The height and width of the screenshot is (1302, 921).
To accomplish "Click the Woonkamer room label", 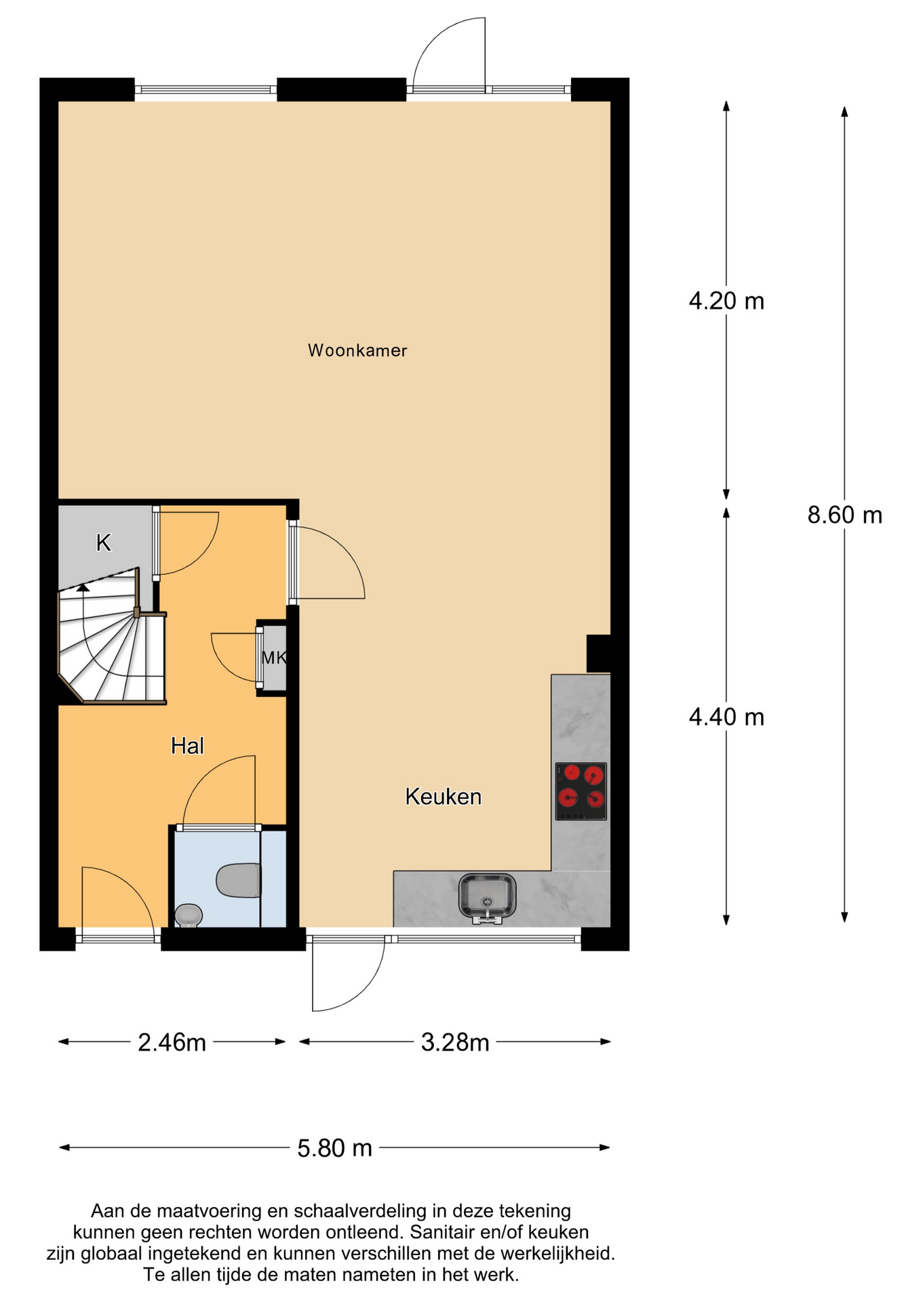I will [357, 351].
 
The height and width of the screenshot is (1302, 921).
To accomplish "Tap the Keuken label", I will [443, 796].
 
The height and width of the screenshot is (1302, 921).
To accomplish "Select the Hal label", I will [187, 746].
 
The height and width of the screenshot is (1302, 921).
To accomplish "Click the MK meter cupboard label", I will [273, 657].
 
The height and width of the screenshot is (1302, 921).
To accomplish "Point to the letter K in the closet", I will [103, 542].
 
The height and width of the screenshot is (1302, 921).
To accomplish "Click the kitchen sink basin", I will [487, 896].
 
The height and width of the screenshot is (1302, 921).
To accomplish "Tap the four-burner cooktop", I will [581, 791].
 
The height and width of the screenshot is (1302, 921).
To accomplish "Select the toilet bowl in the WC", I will [237, 880].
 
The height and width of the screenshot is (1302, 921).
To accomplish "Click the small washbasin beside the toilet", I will [189, 915].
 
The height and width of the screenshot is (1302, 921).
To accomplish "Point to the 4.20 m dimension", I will [726, 300].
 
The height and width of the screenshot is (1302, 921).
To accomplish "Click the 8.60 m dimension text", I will [844, 515].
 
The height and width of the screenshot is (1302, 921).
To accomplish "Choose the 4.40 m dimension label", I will [726, 717].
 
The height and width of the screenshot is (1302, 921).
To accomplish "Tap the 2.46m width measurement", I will [172, 1042].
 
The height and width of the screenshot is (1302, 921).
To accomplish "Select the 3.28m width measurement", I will [455, 1042].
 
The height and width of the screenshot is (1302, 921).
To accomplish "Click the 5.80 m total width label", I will [335, 1148].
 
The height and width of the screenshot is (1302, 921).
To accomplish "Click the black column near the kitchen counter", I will [597, 653].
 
